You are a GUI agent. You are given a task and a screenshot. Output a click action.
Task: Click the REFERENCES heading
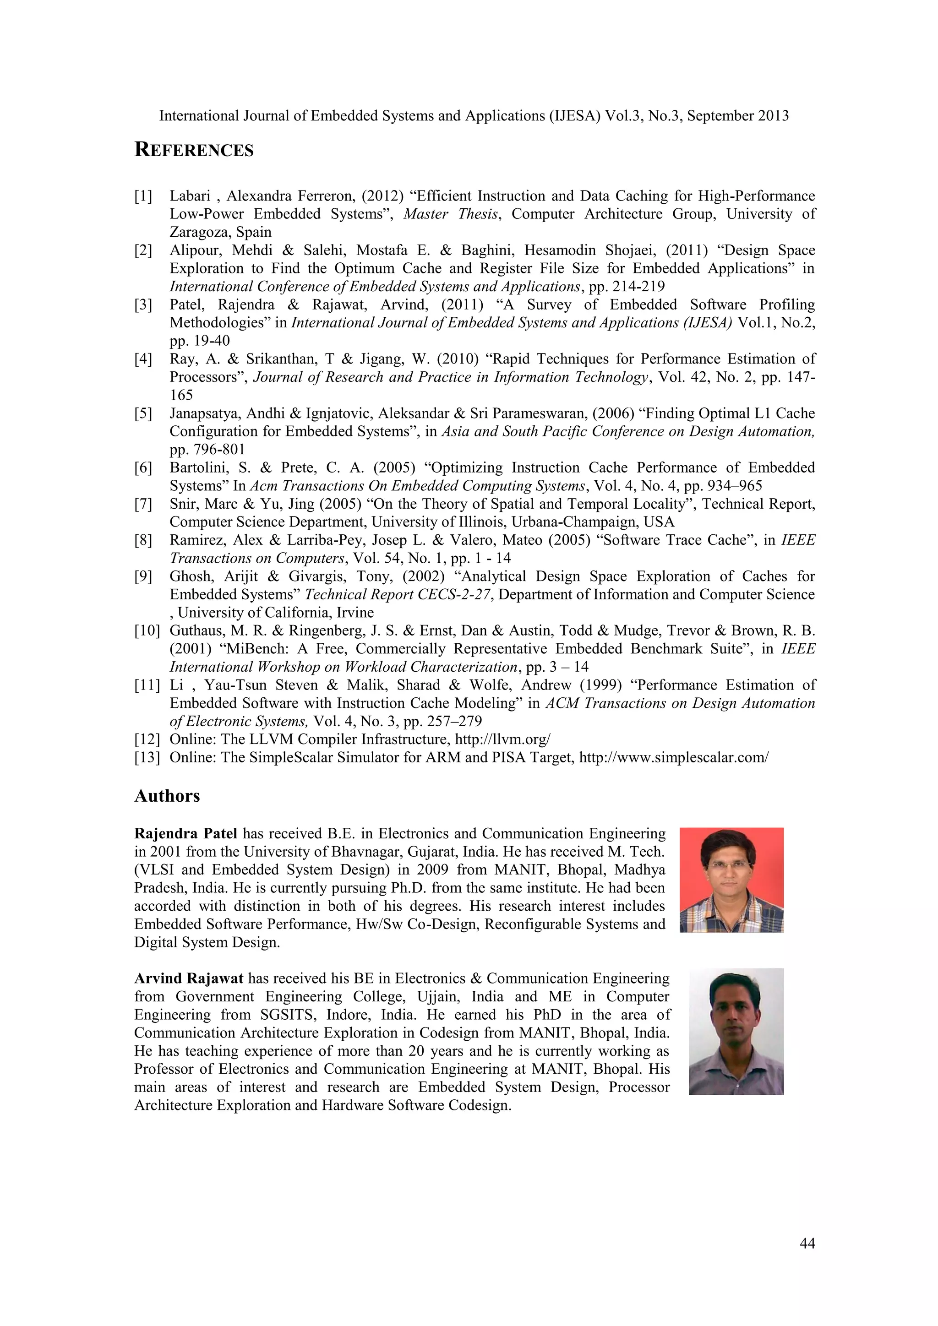coord(194,150)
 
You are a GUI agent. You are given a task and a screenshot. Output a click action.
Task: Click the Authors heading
coord(167,796)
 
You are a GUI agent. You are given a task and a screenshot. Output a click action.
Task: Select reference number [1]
coord(143,196)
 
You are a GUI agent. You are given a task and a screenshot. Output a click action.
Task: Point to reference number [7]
coord(143,504)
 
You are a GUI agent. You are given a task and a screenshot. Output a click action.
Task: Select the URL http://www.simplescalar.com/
coord(673,758)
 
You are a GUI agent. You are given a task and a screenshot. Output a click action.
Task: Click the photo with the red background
coord(731,880)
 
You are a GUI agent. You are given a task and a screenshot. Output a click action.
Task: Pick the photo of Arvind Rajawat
coord(736,1032)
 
